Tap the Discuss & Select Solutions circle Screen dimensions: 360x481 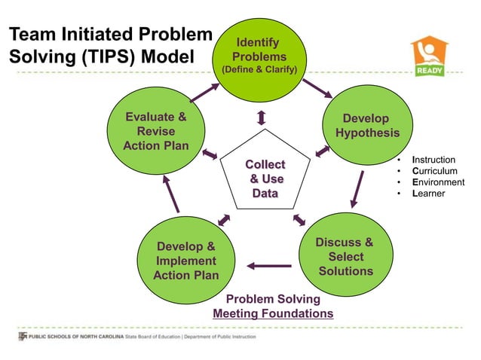(344, 256)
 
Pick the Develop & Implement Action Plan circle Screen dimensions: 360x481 (185, 260)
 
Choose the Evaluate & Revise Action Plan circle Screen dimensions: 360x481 (156, 131)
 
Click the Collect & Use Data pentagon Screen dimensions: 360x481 (265, 178)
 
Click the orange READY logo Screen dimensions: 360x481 (429, 56)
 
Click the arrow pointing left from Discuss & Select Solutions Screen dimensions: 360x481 (269, 265)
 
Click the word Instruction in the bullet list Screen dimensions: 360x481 (434, 160)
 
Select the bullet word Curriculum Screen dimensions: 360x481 (434, 171)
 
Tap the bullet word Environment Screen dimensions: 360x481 (438, 182)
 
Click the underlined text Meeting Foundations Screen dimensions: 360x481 (273, 313)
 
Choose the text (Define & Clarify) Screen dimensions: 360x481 (259, 70)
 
